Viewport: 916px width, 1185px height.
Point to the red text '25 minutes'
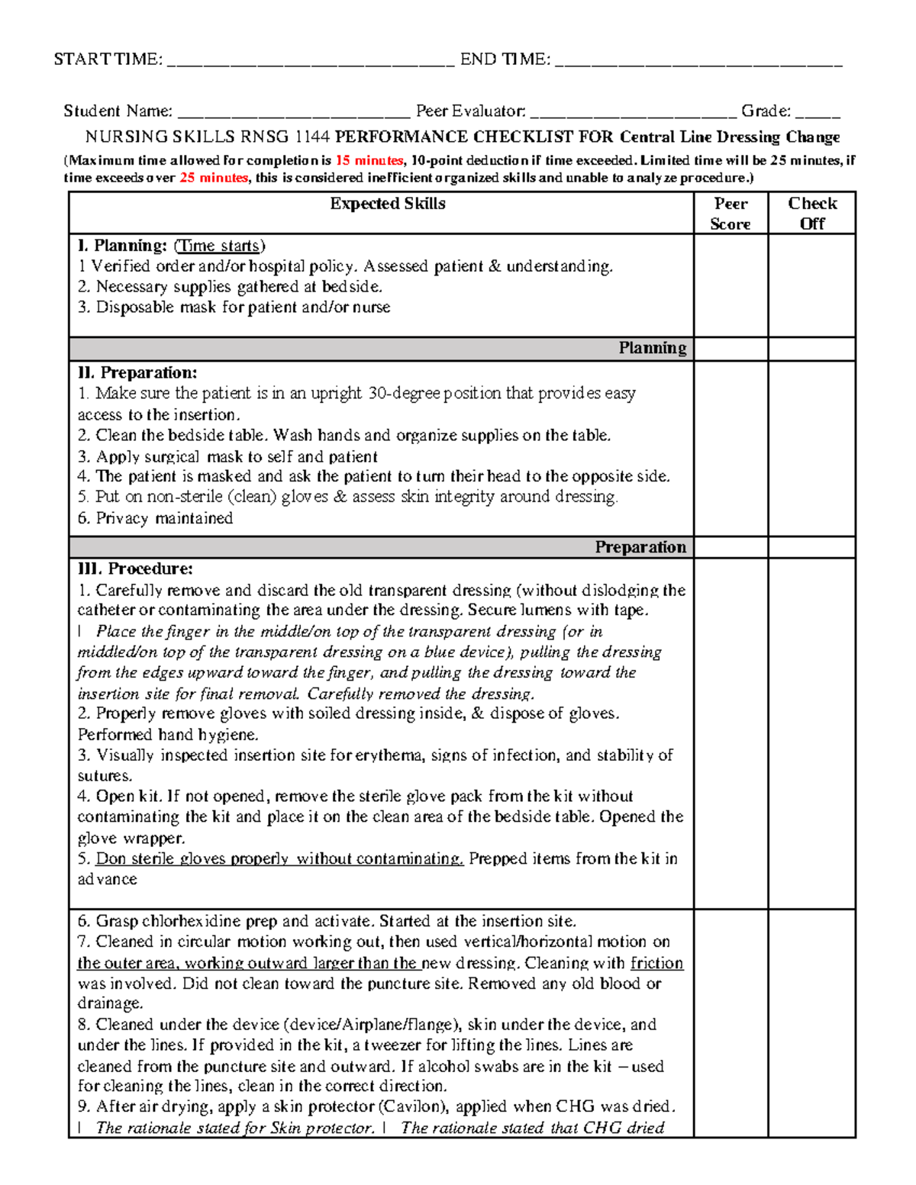tap(213, 178)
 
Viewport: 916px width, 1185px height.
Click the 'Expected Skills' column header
tap(388, 204)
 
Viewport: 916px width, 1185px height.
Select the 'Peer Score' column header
tap(731, 214)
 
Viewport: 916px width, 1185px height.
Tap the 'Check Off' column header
tap(812, 214)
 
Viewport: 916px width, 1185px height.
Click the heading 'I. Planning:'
tap(122, 246)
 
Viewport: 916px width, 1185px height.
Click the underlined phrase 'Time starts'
tap(219, 246)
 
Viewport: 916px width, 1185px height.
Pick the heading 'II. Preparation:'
tap(137, 373)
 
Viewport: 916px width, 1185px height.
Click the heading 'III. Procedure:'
tap(135, 569)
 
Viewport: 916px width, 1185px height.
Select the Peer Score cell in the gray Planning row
tap(731, 349)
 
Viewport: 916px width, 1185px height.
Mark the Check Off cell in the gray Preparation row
tap(812, 547)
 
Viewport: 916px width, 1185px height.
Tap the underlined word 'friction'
tap(656, 963)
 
